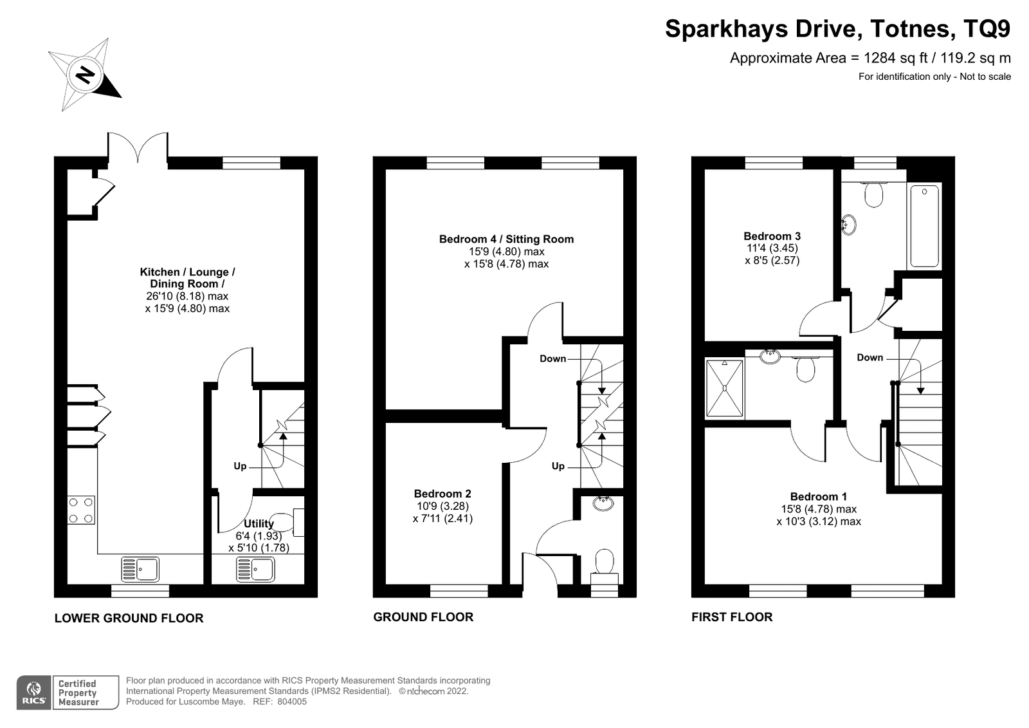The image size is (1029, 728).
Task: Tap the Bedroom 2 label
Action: (x=442, y=494)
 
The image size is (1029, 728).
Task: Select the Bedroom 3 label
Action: (x=772, y=236)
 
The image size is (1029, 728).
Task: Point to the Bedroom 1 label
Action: (x=818, y=497)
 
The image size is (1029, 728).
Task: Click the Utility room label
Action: (x=259, y=523)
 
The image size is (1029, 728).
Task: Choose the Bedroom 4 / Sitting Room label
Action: (x=506, y=239)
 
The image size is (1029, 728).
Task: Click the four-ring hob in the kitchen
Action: (x=81, y=510)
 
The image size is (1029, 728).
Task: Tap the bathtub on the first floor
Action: (x=924, y=226)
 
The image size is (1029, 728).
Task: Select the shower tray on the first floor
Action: (x=724, y=389)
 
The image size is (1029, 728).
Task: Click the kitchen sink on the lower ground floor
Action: (x=140, y=569)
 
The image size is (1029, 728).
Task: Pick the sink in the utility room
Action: (x=255, y=569)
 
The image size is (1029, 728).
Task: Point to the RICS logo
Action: (x=33, y=692)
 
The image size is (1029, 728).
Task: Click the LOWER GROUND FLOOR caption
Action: (x=129, y=618)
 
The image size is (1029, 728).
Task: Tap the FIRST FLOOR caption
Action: (x=732, y=617)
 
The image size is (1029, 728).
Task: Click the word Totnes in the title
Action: (x=909, y=28)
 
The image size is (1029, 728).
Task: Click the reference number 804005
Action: (x=292, y=702)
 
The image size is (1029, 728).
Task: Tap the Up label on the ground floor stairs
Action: (x=558, y=466)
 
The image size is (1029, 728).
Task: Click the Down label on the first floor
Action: (x=870, y=357)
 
